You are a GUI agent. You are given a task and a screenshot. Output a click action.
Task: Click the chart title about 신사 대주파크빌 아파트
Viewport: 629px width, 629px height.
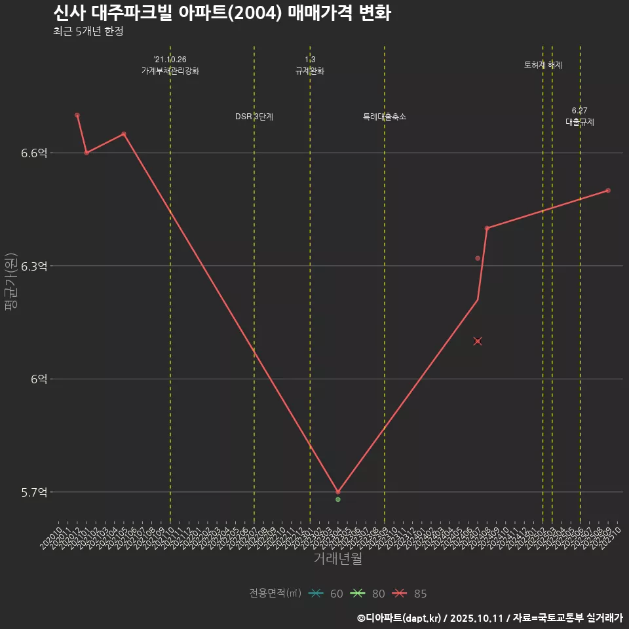tap(221, 13)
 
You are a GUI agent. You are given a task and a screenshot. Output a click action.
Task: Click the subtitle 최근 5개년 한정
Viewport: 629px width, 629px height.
tap(88, 31)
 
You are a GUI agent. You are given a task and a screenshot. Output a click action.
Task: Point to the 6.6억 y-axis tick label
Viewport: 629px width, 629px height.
tap(34, 153)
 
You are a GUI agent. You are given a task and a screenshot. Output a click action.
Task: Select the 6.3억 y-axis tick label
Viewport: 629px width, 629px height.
tap(34, 266)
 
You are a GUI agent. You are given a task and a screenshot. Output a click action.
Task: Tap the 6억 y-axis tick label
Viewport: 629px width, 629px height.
tap(39, 379)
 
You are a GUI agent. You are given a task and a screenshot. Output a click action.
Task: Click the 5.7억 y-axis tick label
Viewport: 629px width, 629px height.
tap(34, 492)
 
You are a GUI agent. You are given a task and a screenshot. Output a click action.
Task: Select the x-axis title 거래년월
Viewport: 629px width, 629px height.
tap(337, 559)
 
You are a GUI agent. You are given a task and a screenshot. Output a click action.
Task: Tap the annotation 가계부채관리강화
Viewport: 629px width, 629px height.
tap(170, 71)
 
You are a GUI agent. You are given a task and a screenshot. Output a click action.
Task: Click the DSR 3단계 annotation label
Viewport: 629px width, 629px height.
tap(254, 117)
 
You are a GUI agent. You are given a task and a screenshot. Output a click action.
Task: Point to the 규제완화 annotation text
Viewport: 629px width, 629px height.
tap(310, 71)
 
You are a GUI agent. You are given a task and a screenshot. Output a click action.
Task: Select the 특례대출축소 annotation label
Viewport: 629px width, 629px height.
tap(385, 117)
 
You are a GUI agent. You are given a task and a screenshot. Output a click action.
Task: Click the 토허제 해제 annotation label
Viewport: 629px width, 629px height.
tap(543, 65)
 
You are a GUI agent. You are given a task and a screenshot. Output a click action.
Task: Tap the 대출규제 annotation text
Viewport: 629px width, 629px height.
tap(580, 122)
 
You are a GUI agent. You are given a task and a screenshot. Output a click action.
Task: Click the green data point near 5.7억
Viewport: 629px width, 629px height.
tap(338, 500)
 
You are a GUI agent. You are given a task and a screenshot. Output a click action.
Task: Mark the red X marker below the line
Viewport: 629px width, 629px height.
tap(478, 341)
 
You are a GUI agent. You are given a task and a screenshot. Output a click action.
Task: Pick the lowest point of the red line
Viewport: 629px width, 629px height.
tap(338, 491)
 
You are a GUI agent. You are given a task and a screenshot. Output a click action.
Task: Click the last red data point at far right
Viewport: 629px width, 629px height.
tap(608, 191)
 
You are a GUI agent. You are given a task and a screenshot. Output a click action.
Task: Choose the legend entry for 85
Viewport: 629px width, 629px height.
tap(410, 594)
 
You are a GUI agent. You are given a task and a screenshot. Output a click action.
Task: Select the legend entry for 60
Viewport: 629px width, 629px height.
tap(326, 594)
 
